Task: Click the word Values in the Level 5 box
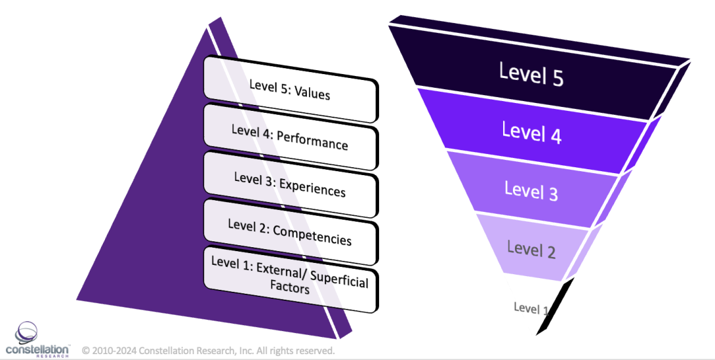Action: [x=312, y=92]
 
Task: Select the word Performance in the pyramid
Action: [x=312, y=140]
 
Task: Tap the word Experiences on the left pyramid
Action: [x=312, y=188]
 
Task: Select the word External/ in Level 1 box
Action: [x=281, y=269]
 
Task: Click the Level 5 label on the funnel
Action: [x=531, y=74]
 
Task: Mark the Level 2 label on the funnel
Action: [x=531, y=249]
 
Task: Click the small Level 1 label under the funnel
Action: [x=530, y=308]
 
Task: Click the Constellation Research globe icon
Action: [x=28, y=332]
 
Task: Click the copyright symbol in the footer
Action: [x=86, y=351]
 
